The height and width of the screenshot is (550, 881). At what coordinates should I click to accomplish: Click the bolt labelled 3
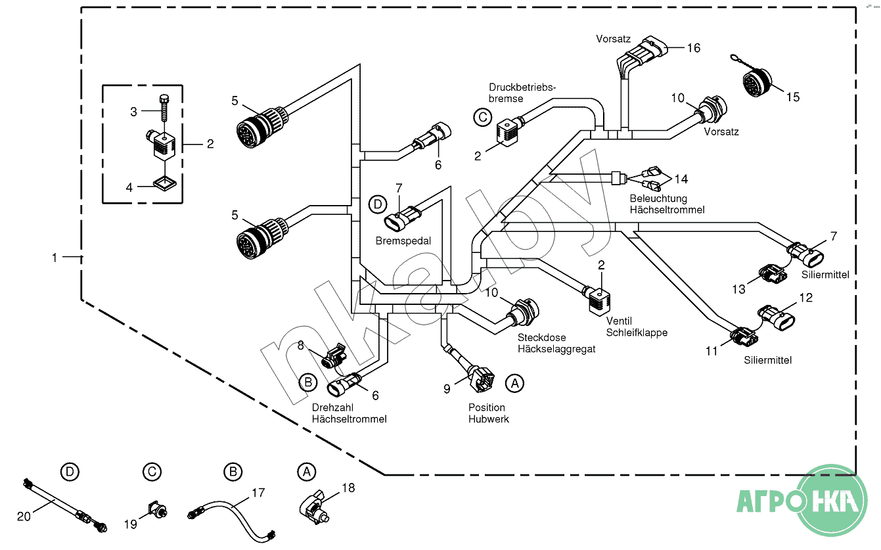(x=164, y=108)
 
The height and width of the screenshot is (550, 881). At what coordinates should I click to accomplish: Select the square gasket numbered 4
(x=164, y=183)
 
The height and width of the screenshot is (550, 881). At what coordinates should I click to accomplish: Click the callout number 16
(x=693, y=48)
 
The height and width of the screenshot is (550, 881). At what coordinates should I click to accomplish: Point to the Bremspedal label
(x=403, y=241)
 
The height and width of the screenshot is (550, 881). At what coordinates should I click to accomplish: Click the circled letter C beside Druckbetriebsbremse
(x=483, y=117)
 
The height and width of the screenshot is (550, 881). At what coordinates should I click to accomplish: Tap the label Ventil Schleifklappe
(x=637, y=327)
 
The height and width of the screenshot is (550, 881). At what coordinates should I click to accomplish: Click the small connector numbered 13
(x=773, y=273)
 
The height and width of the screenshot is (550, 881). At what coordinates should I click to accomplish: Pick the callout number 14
(x=681, y=179)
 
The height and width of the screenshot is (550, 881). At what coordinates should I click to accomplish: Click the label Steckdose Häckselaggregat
(x=556, y=343)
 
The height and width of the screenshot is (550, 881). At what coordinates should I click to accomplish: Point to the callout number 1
(x=55, y=258)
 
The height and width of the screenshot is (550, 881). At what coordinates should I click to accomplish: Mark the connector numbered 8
(x=334, y=355)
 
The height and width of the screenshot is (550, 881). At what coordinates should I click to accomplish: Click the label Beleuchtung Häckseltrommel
(x=667, y=204)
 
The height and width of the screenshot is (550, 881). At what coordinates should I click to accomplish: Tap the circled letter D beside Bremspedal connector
(x=378, y=204)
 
